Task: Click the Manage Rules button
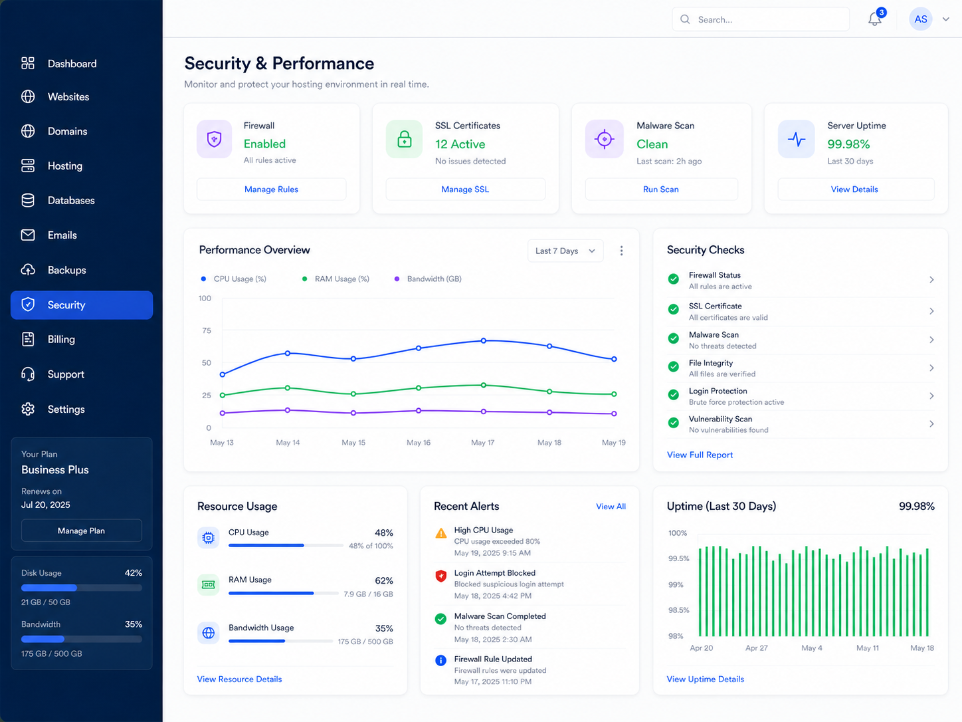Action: (271, 189)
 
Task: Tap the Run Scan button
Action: (661, 189)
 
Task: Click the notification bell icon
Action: (875, 19)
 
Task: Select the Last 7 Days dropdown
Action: (565, 251)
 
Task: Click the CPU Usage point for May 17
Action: (484, 340)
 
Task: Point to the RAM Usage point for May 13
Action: (223, 395)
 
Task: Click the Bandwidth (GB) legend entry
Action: (429, 279)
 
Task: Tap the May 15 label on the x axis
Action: (353, 442)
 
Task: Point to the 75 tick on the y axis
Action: (207, 330)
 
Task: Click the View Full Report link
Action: (700, 455)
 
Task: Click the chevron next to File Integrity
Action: (931, 368)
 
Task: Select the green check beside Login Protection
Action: (674, 394)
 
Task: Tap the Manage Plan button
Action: (82, 531)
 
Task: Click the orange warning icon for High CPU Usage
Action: (441, 533)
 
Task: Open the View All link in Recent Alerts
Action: (611, 507)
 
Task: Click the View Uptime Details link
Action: (705, 679)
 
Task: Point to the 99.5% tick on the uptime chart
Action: (678, 558)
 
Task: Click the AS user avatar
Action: (920, 19)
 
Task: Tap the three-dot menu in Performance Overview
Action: (621, 251)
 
